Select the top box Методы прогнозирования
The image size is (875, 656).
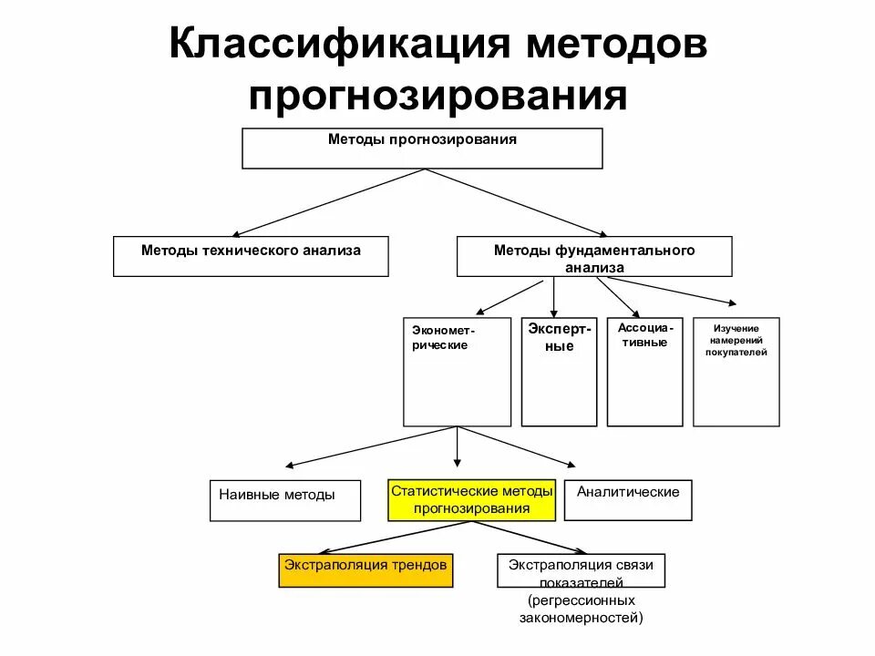pyautogui.click(x=422, y=149)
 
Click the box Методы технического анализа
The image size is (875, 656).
pyautogui.click(x=251, y=256)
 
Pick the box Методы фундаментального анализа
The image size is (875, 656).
pyautogui.click(x=593, y=257)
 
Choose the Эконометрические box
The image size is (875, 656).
pyautogui.click(x=457, y=372)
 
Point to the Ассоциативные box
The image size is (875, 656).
pyautogui.click(x=644, y=372)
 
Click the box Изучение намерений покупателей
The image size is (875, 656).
pyautogui.click(x=736, y=372)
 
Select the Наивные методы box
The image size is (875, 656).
pyautogui.click(x=284, y=500)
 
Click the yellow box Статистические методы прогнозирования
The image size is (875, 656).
pyautogui.click(x=471, y=500)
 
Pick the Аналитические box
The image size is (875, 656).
pyautogui.click(x=627, y=500)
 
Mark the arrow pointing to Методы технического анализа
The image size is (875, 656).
pyautogui.click(x=328, y=203)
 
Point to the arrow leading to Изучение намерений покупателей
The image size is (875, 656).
pyautogui.click(x=674, y=291)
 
